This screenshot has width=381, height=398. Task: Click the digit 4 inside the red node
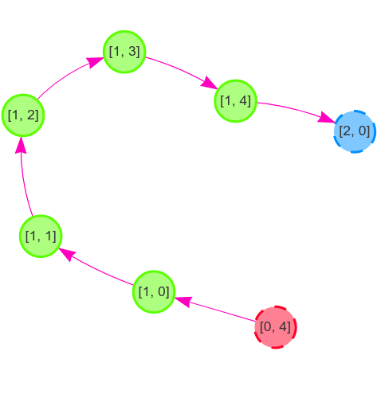click(283, 326)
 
